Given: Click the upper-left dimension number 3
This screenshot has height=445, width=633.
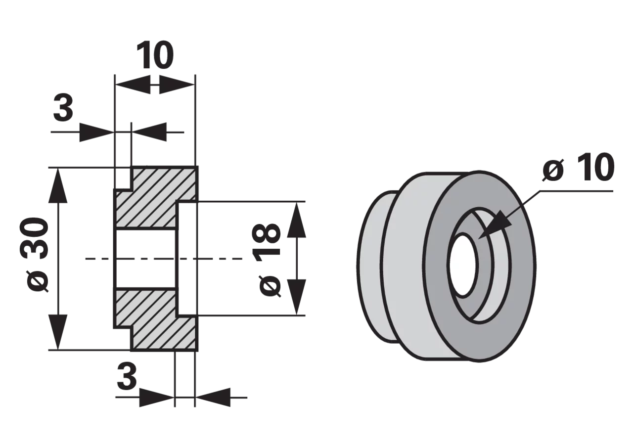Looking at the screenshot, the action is coord(63,107).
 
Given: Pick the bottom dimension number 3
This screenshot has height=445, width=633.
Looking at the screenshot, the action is coord(127,376).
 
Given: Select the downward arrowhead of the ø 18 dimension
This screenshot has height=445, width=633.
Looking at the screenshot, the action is coord(296,297).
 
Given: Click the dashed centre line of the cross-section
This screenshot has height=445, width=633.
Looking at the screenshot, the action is coord(164,259).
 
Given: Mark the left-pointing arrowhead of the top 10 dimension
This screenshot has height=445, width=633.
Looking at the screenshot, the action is coord(133,85).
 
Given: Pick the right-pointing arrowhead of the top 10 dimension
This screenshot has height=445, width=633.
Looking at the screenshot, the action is coord(177,85).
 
